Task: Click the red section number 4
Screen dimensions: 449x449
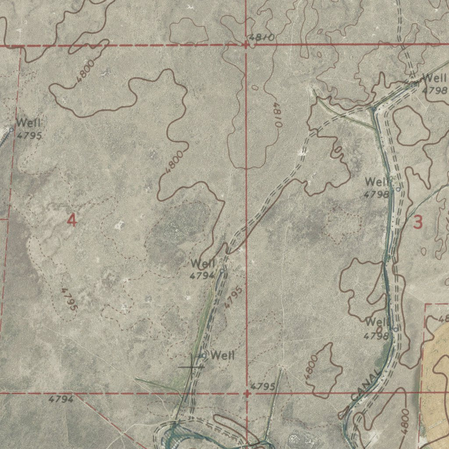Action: click(72, 220)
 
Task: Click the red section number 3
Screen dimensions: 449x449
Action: click(418, 223)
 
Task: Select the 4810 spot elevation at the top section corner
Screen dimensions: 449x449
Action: click(262, 38)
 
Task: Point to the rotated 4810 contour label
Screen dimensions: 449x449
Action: click(276, 114)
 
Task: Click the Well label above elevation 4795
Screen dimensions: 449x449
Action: click(29, 123)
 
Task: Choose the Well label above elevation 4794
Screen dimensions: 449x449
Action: click(203, 264)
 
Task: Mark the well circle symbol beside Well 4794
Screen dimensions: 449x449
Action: click(222, 271)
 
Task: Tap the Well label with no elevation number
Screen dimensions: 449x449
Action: click(222, 356)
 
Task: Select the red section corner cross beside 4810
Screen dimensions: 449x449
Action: click(246, 44)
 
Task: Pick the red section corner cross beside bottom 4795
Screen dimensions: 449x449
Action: click(247, 393)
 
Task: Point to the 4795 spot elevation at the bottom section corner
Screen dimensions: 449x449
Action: click(263, 386)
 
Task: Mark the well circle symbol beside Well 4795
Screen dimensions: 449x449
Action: click(11, 130)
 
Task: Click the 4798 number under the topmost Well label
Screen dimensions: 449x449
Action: click(435, 91)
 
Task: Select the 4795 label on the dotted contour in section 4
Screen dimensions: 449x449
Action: click(69, 299)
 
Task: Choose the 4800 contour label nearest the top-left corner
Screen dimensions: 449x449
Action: click(85, 71)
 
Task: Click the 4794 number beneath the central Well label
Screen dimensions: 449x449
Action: click(202, 275)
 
